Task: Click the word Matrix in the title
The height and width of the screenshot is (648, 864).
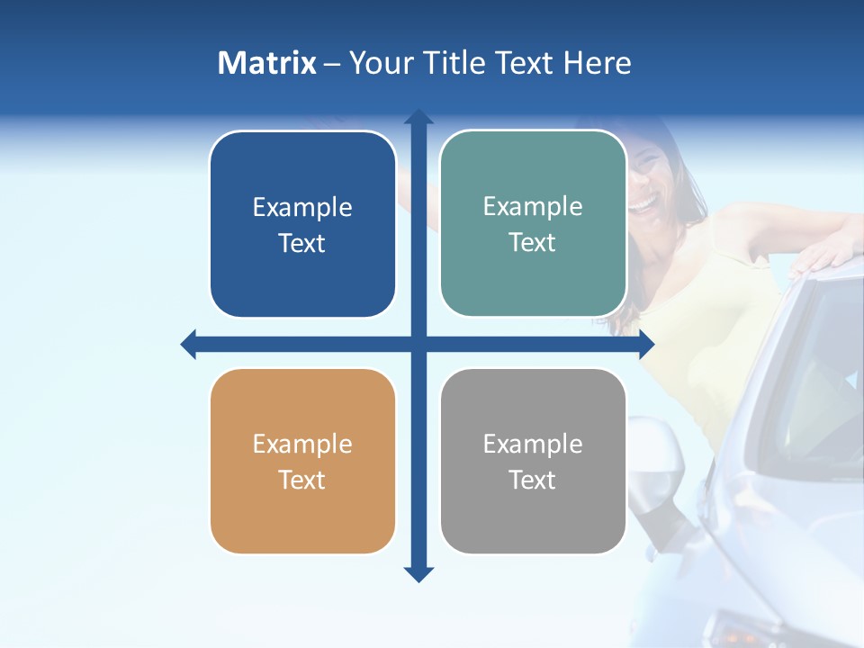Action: (266, 63)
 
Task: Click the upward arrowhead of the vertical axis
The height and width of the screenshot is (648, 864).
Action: (418, 117)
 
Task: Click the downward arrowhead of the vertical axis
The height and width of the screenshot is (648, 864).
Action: (418, 574)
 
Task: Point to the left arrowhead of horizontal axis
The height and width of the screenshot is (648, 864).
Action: (189, 344)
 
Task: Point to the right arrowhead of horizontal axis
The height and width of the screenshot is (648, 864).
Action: (646, 344)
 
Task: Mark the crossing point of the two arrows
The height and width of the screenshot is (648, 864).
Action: (418, 344)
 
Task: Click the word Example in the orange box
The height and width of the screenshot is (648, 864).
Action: (302, 444)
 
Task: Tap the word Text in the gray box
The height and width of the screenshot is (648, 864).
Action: (533, 480)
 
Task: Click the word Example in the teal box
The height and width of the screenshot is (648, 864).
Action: (533, 206)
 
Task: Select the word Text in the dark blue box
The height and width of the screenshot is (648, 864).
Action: (302, 243)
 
